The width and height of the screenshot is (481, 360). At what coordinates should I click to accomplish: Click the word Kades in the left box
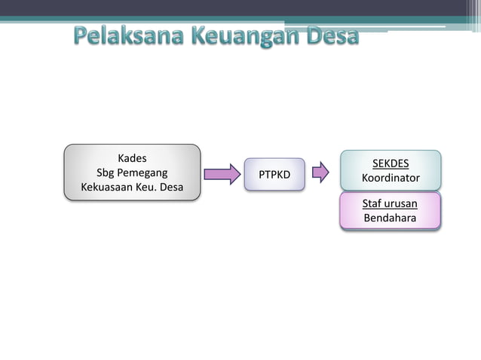(x=132, y=158)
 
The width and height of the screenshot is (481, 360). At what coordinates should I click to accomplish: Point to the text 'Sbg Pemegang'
(x=132, y=172)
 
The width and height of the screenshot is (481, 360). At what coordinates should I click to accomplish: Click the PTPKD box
(x=274, y=175)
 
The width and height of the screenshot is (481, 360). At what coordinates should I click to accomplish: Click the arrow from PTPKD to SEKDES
(x=320, y=172)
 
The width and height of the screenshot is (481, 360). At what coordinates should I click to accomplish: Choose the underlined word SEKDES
(x=391, y=163)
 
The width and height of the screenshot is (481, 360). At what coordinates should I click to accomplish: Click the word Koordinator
(x=391, y=178)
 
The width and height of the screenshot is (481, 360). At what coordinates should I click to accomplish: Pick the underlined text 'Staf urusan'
(x=391, y=203)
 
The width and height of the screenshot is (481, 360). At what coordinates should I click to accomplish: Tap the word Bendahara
(x=391, y=218)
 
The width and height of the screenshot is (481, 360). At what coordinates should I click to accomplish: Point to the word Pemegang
(x=142, y=172)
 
